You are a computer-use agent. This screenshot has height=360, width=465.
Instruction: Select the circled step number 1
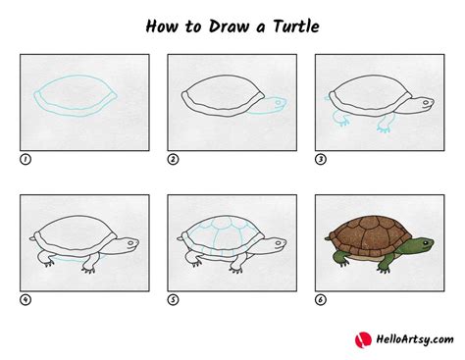[25, 157]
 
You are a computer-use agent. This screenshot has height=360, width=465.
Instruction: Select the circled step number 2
[172, 157]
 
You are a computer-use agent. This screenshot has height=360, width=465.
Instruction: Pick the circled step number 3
[319, 157]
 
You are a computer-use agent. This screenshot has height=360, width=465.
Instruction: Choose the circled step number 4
[25, 299]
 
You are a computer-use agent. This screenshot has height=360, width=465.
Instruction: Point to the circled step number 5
[172, 299]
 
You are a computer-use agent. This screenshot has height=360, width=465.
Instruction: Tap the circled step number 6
[319, 299]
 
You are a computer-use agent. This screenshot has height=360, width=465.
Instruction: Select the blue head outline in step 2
[279, 104]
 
